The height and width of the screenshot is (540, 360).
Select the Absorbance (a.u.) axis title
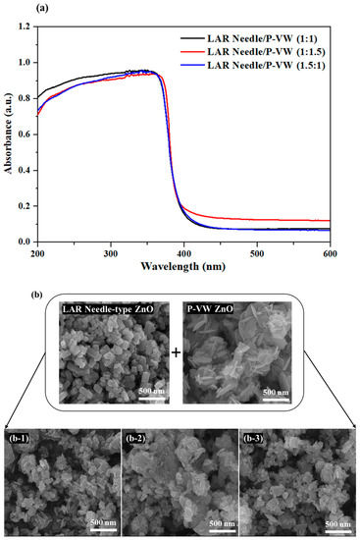click(x=9, y=130)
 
